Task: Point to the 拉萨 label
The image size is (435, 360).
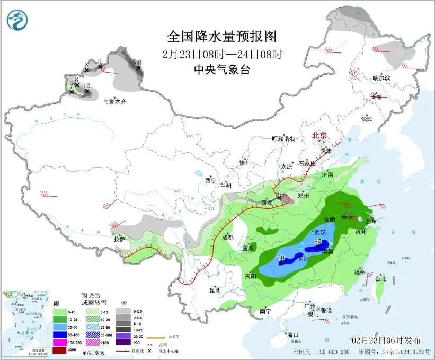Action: pos(120,239)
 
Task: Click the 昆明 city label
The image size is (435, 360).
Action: pos(215,289)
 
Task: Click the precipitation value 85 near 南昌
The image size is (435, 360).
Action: pos(318,242)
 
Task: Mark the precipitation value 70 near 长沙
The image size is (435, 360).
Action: pos(281,258)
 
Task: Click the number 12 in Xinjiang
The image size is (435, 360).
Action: pos(87,85)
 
